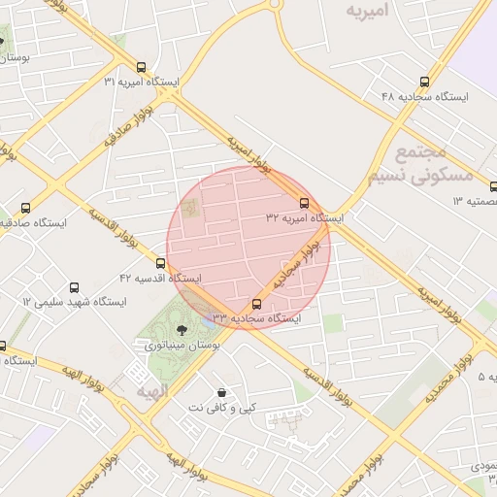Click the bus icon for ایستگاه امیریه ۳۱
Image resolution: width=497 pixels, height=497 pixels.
coord(142,68)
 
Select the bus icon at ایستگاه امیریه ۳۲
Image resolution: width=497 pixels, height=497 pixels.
coord(305,204)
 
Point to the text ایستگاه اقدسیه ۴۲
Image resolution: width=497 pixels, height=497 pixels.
coord(160,279)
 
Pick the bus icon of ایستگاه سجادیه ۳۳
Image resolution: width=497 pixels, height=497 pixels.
coord(256,304)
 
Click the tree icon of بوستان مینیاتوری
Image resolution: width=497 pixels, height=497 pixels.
coord(183,331)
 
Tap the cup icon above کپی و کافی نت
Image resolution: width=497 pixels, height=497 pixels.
coord(224,392)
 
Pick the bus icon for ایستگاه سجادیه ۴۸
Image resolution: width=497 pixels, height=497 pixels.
coord(423,83)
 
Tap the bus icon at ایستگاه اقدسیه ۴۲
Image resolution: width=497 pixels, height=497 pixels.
coord(161,263)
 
